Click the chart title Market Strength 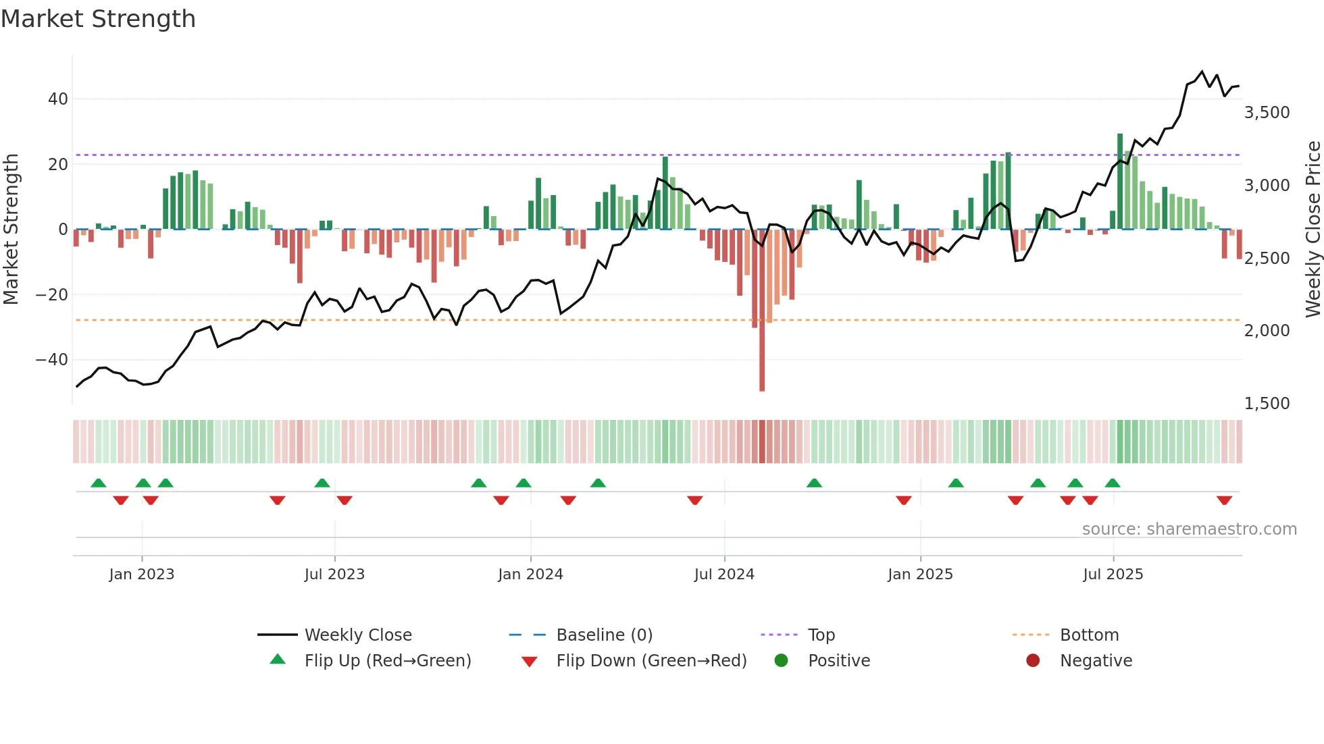click(x=98, y=19)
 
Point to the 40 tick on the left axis click(x=58, y=99)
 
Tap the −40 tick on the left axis click(x=52, y=360)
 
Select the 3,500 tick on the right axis click(x=1267, y=113)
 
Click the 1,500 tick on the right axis click(x=1267, y=404)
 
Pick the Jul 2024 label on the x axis click(x=723, y=575)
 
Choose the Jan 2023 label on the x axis click(x=141, y=575)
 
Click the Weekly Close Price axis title click(x=1313, y=230)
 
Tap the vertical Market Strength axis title click(x=11, y=230)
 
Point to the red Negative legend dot click(x=1032, y=661)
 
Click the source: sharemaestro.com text click(x=1189, y=529)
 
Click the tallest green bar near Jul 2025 click(x=1120, y=182)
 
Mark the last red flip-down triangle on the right click(x=1224, y=500)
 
